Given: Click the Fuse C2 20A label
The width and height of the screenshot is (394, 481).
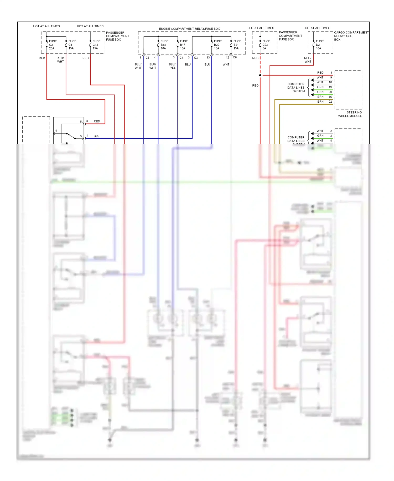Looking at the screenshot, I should pos(53,45).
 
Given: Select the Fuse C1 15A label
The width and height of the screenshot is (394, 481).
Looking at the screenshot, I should pos(72,45).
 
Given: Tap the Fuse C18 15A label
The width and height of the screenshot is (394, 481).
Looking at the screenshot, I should pos(96,45).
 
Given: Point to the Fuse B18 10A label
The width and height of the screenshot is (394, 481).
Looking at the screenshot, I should pos(164,45).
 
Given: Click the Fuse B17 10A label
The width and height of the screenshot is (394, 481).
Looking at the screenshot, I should pos(184,45).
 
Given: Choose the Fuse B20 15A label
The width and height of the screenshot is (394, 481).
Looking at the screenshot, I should pos(217,45).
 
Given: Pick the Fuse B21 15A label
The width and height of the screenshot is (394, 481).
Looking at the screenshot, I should pos(237,45).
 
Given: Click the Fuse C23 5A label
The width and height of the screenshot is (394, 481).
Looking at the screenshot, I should pos(266,45).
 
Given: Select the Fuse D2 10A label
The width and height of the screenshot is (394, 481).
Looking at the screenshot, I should pos(319,45).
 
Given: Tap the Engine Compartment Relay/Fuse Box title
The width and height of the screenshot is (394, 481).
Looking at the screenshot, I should pos(189,29).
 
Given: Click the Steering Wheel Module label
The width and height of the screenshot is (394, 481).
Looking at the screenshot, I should pos(350,114).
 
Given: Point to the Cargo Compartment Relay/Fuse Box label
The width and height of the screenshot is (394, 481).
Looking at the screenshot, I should pos(351,36).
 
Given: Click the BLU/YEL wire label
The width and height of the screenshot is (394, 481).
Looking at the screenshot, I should pos(172,66).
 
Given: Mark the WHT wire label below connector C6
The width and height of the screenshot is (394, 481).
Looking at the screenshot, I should pos(226,64).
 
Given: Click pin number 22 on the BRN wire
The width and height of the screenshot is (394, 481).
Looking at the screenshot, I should pos(330,102).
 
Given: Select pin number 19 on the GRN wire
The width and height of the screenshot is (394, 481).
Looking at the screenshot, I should pos(330,87).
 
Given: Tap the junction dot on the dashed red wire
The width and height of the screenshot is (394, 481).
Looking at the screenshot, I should pos(260,75).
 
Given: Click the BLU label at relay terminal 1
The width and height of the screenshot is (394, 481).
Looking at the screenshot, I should pos(96,136).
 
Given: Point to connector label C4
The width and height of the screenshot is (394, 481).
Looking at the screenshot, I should pos(181,58).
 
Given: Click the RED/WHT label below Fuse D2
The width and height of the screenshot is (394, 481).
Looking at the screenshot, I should pos(308,60).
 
